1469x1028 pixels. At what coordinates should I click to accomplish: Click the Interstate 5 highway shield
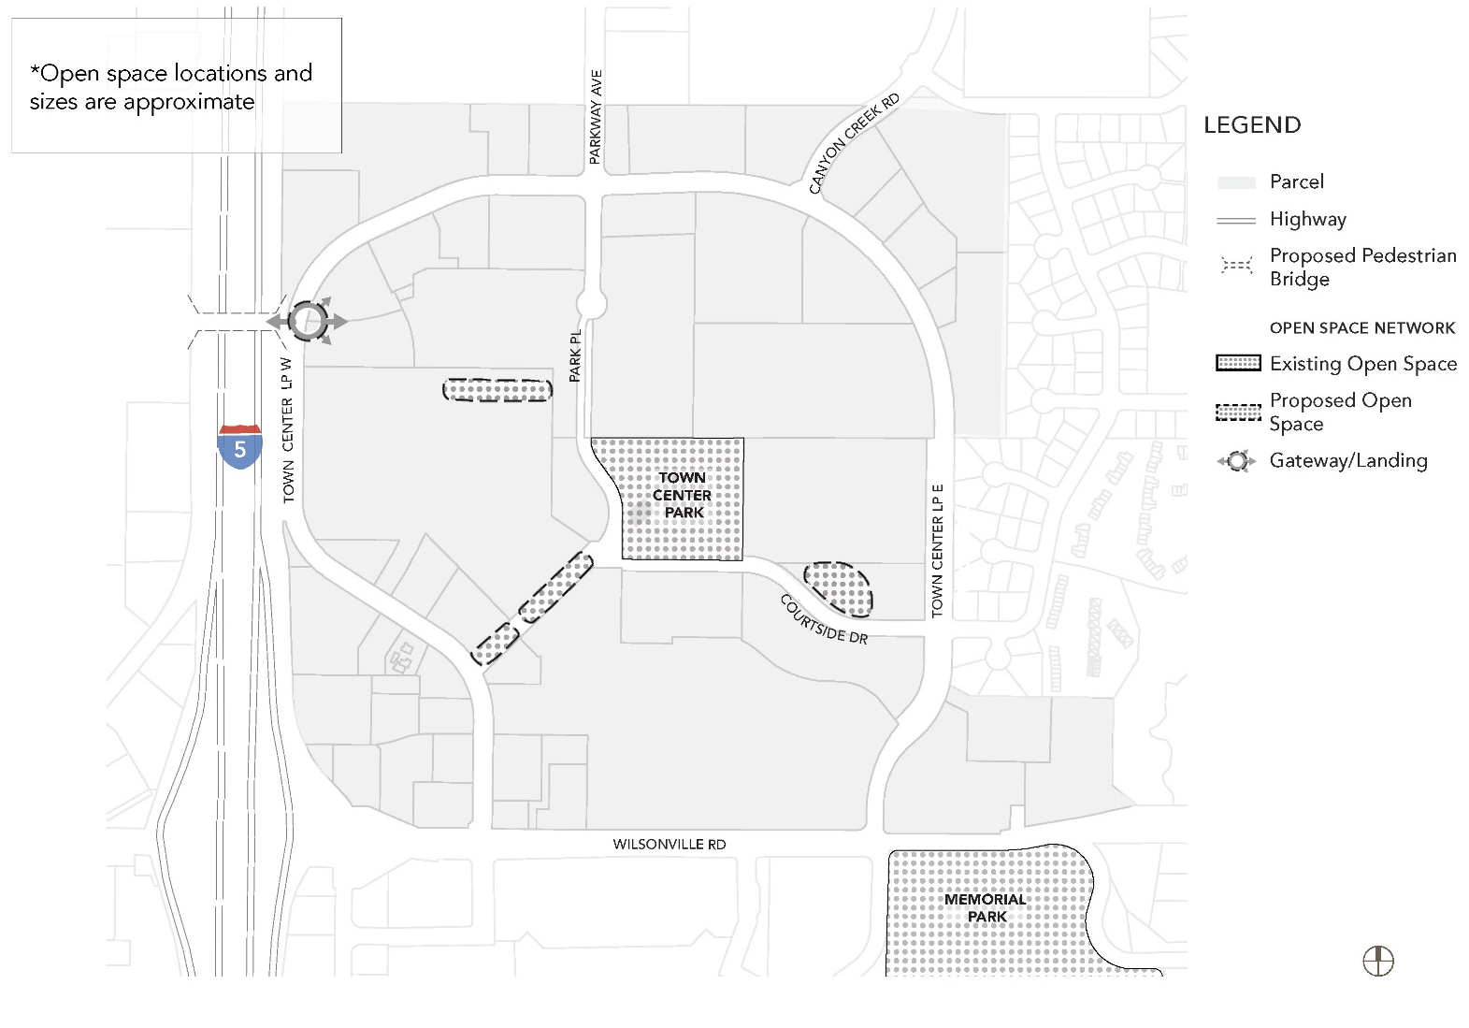[240, 446]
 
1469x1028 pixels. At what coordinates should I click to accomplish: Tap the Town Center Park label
[683, 495]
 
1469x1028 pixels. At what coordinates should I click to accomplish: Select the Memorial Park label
[986, 907]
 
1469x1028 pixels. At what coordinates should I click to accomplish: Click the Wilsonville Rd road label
[670, 844]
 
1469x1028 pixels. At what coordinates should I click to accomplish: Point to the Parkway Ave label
[596, 117]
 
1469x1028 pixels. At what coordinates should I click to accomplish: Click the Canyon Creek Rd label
[854, 143]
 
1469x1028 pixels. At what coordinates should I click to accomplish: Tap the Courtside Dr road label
[824, 619]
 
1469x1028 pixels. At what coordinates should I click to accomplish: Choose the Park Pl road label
[575, 355]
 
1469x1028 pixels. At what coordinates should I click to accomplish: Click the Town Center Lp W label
[288, 429]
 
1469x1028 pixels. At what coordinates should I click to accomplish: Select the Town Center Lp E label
[937, 551]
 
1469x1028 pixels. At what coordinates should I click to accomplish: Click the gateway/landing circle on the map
[307, 322]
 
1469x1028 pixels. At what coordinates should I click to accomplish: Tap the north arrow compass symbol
[1378, 961]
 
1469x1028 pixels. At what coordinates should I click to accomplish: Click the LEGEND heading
[1252, 125]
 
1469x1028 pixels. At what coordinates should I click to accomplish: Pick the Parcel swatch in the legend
[1236, 182]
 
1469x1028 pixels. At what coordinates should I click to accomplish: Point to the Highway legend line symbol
[1236, 220]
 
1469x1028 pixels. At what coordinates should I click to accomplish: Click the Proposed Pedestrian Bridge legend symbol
[1236, 267]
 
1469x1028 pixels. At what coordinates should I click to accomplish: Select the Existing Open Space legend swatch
[1238, 364]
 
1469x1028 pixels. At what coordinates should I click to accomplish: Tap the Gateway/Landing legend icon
[1236, 461]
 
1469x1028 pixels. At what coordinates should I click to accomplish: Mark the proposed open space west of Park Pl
[497, 390]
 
